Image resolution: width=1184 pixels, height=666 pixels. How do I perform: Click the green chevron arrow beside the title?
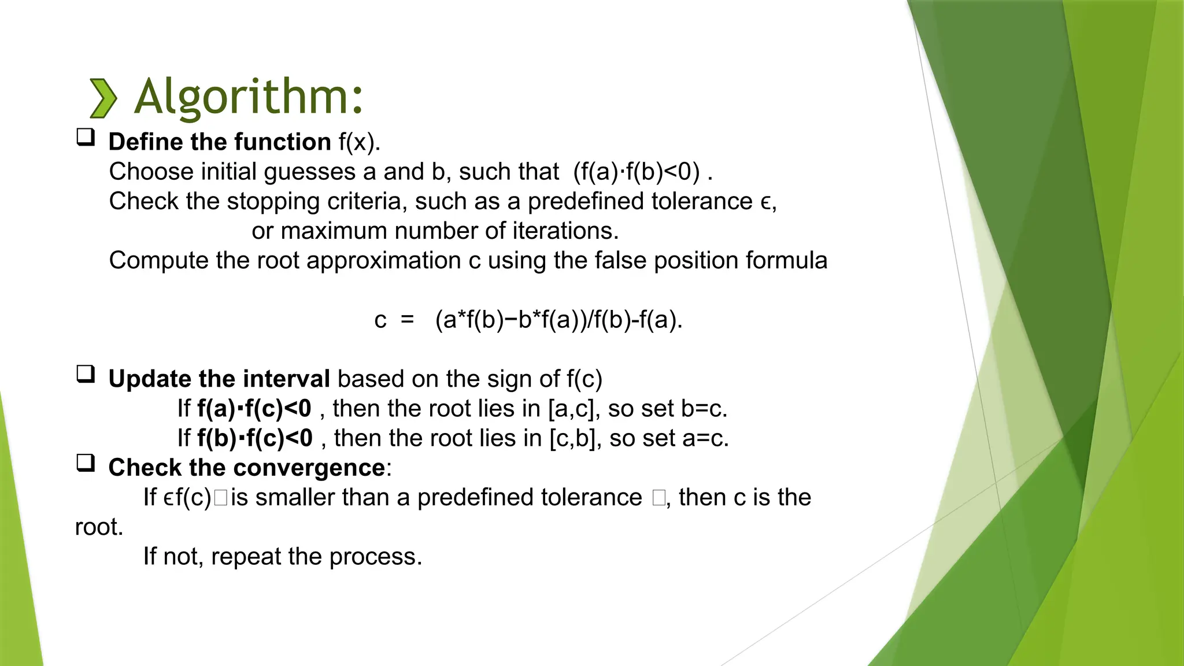pos(103,98)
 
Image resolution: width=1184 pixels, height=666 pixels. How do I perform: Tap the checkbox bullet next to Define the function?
pos(86,137)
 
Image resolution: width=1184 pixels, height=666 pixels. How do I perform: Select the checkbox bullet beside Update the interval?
pos(86,374)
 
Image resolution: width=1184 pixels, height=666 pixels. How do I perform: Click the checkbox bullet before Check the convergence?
pos(86,462)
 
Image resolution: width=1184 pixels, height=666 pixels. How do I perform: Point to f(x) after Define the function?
pos(359,142)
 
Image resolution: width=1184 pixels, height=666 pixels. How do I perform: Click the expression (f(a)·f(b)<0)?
pos(637,172)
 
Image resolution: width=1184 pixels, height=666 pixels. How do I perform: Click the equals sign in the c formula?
pos(408,319)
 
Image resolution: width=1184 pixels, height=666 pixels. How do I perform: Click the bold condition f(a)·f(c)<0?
pos(254,409)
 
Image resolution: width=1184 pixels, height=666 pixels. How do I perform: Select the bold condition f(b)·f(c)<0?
pos(254,438)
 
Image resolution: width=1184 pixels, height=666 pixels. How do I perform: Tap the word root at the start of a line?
pos(98,527)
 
